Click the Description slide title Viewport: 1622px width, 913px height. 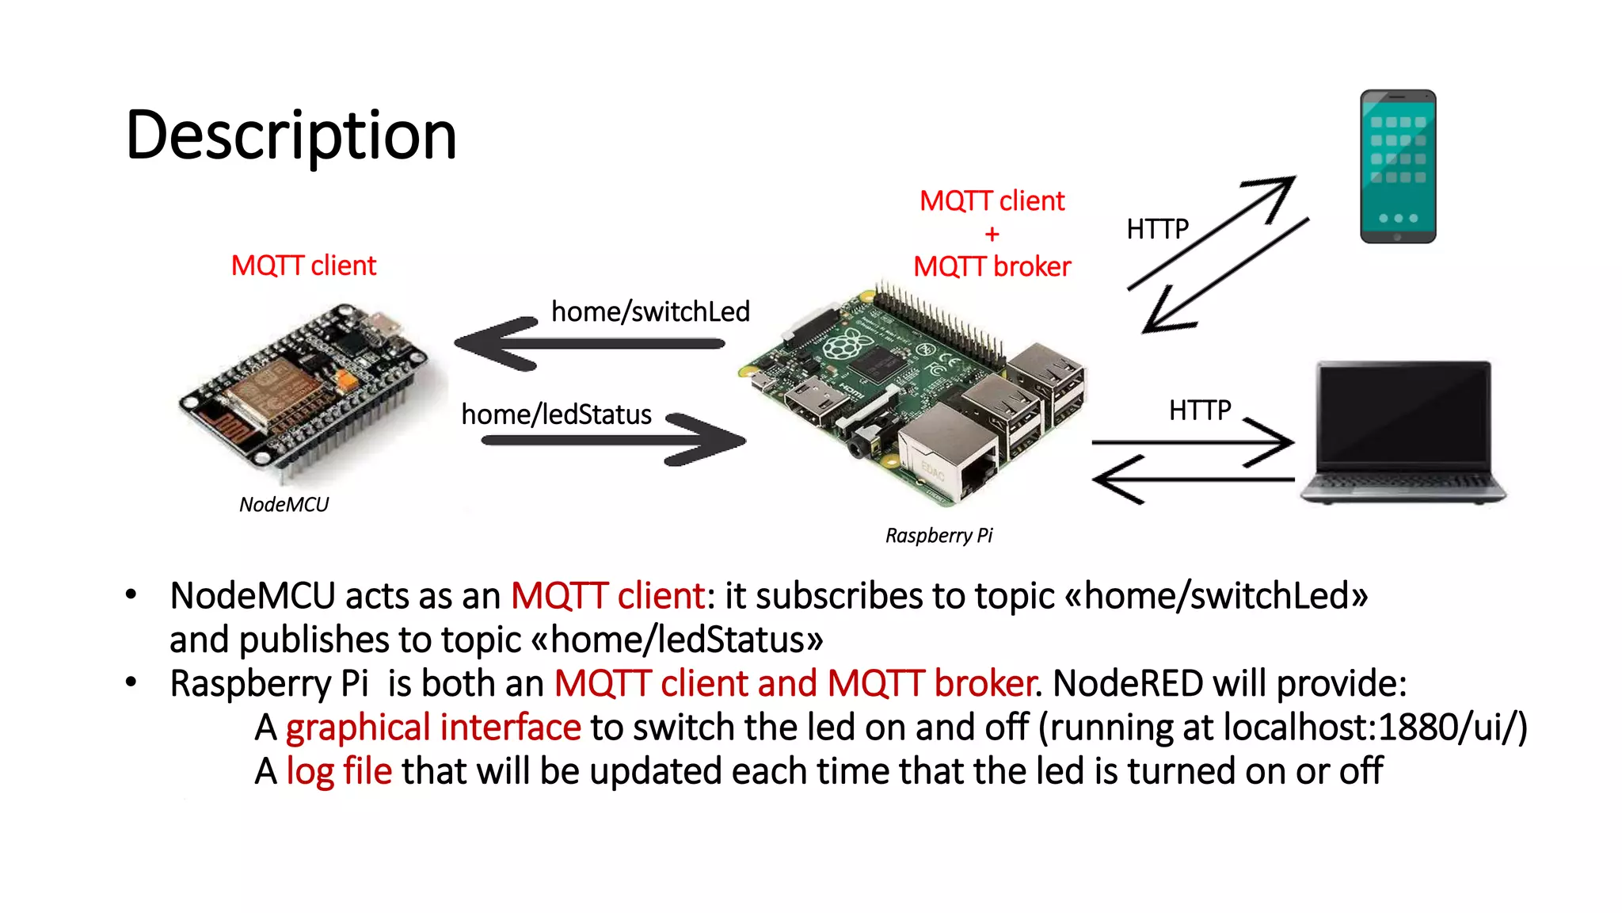pyautogui.click(x=291, y=136)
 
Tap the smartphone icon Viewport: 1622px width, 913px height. pyautogui.click(x=1397, y=166)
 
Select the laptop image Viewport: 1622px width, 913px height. pyautogui.click(x=1403, y=432)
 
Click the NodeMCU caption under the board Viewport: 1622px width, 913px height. pyautogui.click(x=284, y=505)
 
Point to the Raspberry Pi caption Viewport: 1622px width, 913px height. pyautogui.click(x=939, y=536)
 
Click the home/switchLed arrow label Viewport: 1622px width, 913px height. pyautogui.click(x=650, y=311)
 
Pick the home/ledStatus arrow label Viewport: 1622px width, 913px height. pyautogui.click(x=556, y=414)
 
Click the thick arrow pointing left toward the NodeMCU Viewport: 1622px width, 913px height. pyautogui.click(x=586, y=344)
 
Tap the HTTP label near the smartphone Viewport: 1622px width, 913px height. pyautogui.click(x=1157, y=229)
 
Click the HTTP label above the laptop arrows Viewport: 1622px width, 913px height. pyautogui.click(x=1199, y=411)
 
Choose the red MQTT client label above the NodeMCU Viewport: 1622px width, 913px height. pyautogui.click(x=303, y=265)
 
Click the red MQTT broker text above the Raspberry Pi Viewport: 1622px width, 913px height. pyautogui.click(x=992, y=267)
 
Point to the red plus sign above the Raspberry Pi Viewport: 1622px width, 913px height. pyautogui.click(x=992, y=235)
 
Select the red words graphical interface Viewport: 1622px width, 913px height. pyautogui.click(x=433, y=728)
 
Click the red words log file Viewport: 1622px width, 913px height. pyautogui.click(x=339, y=771)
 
